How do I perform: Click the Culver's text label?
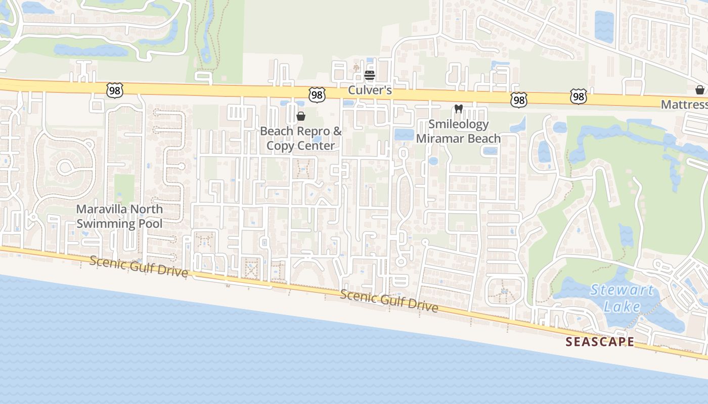(x=370, y=90)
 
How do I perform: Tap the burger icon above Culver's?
(x=370, y=76)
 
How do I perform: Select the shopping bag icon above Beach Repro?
(x=301, y=117)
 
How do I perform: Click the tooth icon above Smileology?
(x=459, y=108)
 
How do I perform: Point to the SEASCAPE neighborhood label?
(x=599, y=342)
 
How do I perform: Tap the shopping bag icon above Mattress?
(x=700, y=90)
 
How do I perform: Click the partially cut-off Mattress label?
(x=685, y=105)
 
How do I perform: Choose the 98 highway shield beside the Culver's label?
(x=317, y=94)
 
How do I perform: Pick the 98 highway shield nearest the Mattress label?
(x=578, y=96)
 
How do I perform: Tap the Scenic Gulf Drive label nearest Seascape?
(x=389, y=301)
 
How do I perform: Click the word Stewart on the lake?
(x=622, y=290)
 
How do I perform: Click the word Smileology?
(x=459, y=124)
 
